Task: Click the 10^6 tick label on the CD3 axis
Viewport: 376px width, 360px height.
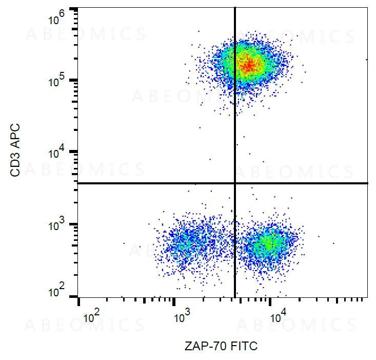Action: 57,20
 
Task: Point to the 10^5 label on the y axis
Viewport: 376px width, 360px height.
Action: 57,80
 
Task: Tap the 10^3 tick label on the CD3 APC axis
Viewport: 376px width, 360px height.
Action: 57,224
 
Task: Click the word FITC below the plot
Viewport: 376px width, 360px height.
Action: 244,346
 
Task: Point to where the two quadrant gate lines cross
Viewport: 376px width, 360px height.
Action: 235,183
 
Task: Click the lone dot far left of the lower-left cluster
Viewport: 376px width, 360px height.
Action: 124,243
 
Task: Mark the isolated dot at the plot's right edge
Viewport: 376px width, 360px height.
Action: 366,60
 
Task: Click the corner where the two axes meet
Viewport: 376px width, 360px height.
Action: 78,297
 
